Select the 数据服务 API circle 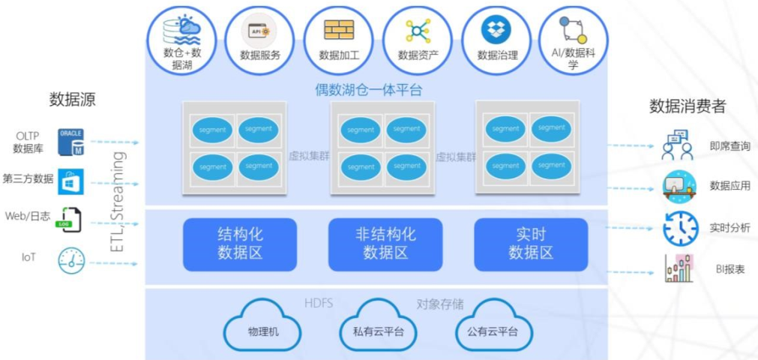tap(260, 41)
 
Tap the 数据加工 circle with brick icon tap(339, 41)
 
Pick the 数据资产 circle tap(418, 41)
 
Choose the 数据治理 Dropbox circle tap(497, 41)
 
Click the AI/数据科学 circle tap(573, 41)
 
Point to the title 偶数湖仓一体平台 tap(369, 90)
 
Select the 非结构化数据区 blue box tap(385, 244)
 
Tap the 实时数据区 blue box tap(531, 244)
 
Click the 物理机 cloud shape tap(263, 328)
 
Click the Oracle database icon tap(71, 142)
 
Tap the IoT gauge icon tap(71, 259)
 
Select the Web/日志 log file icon tap(72, 219)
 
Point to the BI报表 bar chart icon tap(679, 268)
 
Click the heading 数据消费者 tap(687, 106)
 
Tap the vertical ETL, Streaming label tap(118, 202)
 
